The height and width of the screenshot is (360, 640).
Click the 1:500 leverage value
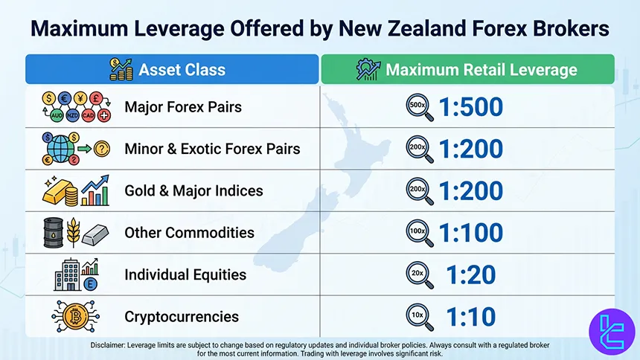coord(471,107)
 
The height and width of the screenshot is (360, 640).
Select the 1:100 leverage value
coord(471,233)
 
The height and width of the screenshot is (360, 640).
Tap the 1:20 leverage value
coord(470,274)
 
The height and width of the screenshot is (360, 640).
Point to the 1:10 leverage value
coord(470,317)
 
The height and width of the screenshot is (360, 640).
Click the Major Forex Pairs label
coord(183,107)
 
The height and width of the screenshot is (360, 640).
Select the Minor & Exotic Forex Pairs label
coord(212,149)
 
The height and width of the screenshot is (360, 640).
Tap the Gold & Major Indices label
coord(193,190)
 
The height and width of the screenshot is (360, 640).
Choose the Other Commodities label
coord(189,233)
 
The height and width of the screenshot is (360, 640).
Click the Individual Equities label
coord(185,274)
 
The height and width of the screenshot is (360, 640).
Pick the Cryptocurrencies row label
coord(182,317)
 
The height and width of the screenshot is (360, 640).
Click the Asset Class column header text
coord(182,70)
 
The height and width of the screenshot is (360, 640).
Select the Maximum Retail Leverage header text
coord(481,70)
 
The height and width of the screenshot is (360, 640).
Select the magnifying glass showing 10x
coord(417,316)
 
